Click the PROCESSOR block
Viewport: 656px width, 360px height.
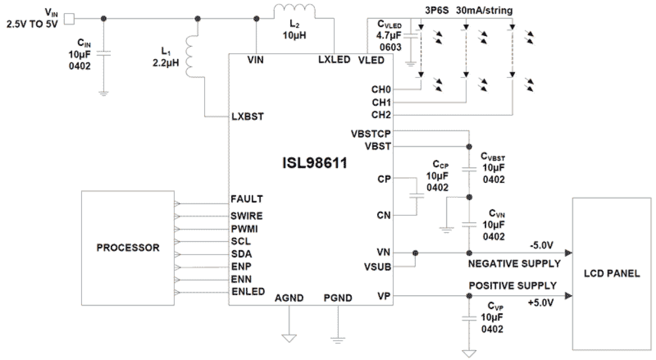point(127,248)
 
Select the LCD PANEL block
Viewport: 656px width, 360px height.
point(612,273)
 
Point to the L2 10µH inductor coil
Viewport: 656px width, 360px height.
point(295,11)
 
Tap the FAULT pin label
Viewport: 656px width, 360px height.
point(247,199)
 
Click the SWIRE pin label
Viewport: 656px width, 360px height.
point(247,216)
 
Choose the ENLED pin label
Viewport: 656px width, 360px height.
point(248,291)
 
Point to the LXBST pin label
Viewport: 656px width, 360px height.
point(248,117)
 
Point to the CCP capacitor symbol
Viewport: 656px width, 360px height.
point(417,196)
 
